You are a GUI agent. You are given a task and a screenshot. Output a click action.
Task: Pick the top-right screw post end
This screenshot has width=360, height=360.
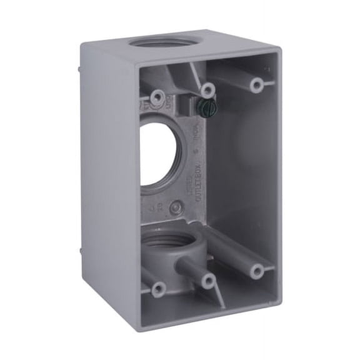pos(256,84)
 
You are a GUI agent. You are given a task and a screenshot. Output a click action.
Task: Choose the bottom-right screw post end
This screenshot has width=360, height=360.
pos(256,271)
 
